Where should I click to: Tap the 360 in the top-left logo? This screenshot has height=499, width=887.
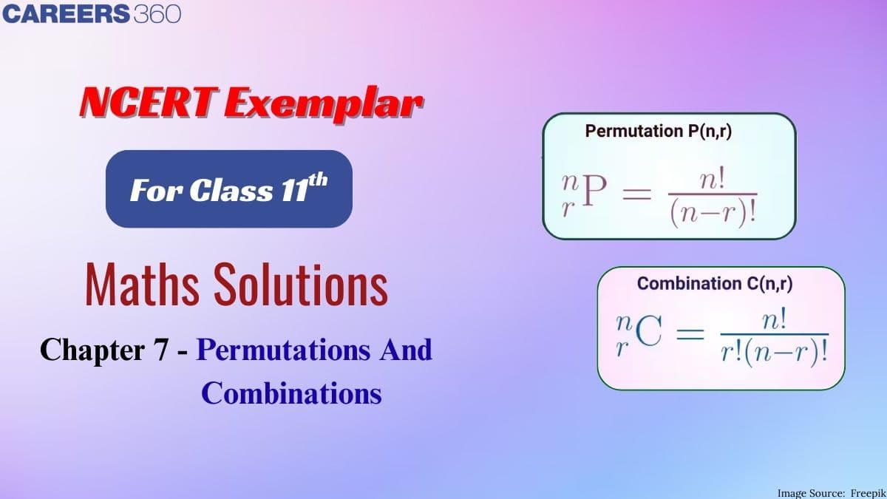(x=157, y=15)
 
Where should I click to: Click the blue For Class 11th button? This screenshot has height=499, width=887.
(x=228, y=189)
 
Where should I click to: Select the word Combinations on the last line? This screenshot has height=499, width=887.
(x=291, y=393)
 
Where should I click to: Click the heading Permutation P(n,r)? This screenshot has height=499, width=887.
(x=663, y=132)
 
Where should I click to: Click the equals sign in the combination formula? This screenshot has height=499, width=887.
(x=690, y=337)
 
